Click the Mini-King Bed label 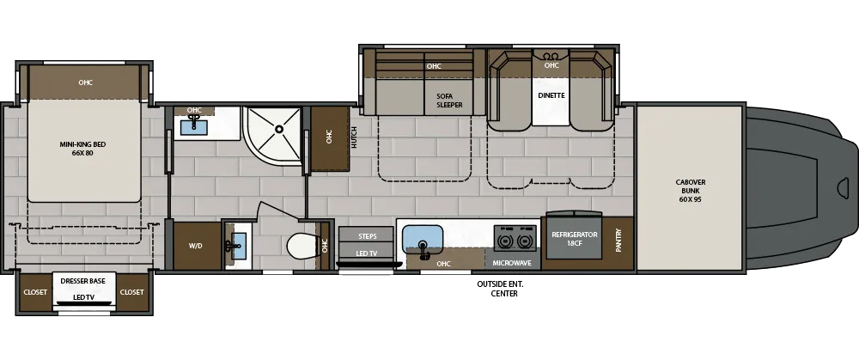(x=82, y=148)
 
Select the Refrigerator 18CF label (x=574, y=239)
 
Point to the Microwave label (x=512, y=262)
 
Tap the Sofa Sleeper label (x=449, y=100)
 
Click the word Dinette (x=551, y=95)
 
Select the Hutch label (x=354, y=137)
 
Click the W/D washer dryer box (x=195, y=246)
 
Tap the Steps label (x=368, y=235)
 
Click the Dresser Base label (x=83, y=282)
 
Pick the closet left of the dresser (x=35, y=292)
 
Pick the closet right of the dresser (x=132, y=292)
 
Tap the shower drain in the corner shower (x=278, y=130)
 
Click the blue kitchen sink (x=422, y=237)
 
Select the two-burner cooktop (x=513, y=239)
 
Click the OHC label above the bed (x=85, y=82)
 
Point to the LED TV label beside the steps (x=368, y=253)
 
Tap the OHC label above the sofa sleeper (x=434, y=66)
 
